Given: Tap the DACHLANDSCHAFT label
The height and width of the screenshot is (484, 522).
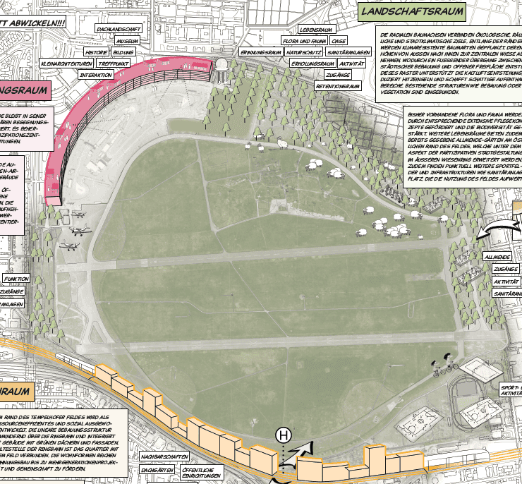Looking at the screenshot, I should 119,29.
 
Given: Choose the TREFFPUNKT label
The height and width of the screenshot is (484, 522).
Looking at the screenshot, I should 116,63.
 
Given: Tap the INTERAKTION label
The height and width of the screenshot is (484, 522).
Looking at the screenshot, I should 95,74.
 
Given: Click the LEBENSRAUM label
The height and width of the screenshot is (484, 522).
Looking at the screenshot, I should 315,30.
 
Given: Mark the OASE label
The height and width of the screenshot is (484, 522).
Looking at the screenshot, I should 339,41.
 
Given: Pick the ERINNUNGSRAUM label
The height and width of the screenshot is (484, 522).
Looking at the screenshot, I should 260,52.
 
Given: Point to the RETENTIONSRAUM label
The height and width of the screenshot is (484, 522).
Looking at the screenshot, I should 334,86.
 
